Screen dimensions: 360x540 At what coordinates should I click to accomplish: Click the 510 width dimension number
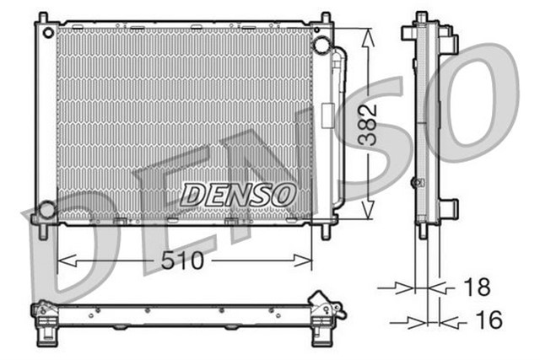[x=182, y=261]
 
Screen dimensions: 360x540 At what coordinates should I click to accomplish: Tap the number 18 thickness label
[x=477, y=287]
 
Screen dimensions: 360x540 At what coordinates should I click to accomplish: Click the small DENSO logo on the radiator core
[x=237, y=194]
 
